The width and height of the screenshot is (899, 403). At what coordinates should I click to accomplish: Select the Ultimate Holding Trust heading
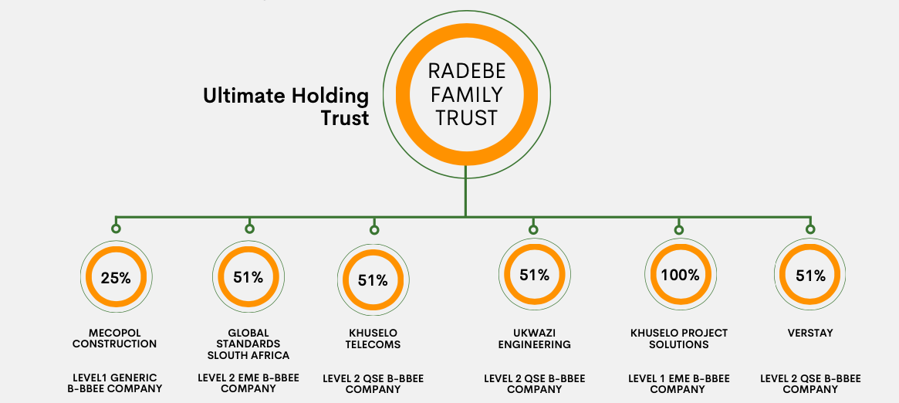(x=286, y=107)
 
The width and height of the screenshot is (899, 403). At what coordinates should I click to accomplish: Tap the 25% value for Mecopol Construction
(x=116, y=278)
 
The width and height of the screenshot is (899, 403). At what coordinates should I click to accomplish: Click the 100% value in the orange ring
(x=680, y=275)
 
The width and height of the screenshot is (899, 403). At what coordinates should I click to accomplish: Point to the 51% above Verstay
(x=810, y=276)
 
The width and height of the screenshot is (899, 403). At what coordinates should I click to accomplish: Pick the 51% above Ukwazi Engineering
(x=534, y=275)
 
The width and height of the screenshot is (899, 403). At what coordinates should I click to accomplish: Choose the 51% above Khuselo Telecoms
(x=373, y=280)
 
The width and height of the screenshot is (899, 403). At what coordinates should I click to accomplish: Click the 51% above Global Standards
(x=248, y=277)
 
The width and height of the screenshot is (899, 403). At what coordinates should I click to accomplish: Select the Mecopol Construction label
(x=115, y=339)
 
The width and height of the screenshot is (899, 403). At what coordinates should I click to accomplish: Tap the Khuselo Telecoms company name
(x=373, y=339)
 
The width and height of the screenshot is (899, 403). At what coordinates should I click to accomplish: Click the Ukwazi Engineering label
(x=534, y=339)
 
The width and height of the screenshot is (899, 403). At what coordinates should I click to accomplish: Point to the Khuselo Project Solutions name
(x=679, y=339)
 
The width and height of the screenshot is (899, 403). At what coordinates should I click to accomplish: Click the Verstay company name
(x=810, y=333)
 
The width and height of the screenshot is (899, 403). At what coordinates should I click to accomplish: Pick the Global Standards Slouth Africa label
(x=248, y=344)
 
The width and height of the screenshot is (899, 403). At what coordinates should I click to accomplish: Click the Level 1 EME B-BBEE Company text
(x=679, y=384)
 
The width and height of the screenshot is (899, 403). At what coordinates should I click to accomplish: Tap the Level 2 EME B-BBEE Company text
(x=248, y=383)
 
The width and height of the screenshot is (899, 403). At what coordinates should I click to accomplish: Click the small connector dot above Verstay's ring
(x=810, y=229)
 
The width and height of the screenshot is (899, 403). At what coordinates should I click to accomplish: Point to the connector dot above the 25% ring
(x=116, y=229)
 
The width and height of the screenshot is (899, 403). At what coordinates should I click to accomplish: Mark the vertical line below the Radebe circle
(x=465, y=191)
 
